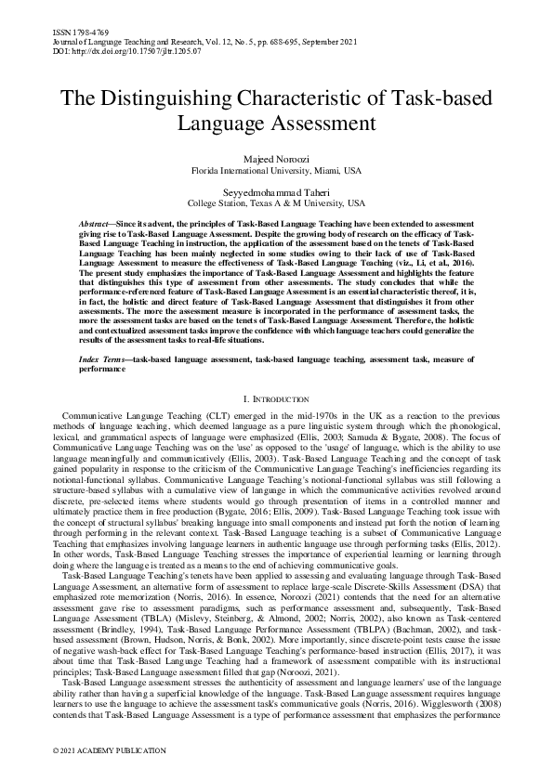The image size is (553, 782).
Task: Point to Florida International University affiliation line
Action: pos(277,171)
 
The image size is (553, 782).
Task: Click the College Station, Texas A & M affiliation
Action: pos(277,202)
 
